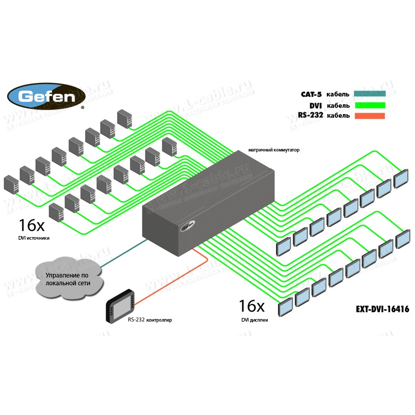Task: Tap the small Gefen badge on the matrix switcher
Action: [x=188, y=226]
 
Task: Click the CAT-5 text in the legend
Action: [x=311, y=94]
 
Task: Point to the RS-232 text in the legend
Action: [x=311, y=116]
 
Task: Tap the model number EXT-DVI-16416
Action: [x=382, y=309]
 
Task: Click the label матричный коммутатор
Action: [x=274, y=149]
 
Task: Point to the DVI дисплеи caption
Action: [x=255, y=320]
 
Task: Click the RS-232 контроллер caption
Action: [x=149, y=320]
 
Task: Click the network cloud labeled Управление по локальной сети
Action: [x=68, y=280]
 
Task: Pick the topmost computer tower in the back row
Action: [x=124, y=118]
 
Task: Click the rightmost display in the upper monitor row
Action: [x=402, y=178]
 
